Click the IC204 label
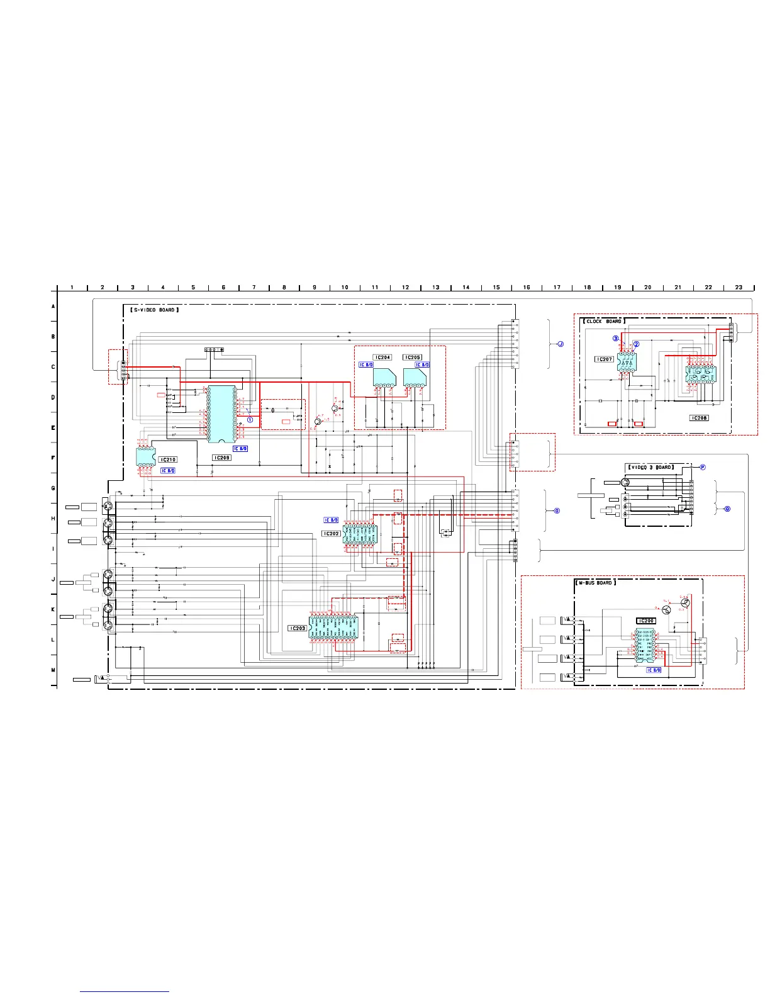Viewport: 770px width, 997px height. (382, 358)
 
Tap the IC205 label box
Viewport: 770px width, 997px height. (413, 358)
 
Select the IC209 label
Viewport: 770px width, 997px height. (221, 458)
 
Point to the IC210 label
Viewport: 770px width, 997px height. (168, 460)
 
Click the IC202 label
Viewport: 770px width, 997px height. (332, 534)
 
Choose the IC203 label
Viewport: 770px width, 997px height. (298, 628)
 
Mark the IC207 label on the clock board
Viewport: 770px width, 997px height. (604, 359)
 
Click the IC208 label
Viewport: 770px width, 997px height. (699, 418)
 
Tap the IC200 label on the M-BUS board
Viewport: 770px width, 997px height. (646, 621)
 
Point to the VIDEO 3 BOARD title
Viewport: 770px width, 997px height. (650, 467)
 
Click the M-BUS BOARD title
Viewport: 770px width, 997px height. (595, 583)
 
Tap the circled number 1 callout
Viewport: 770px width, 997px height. (250, 420)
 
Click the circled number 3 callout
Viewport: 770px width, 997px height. (616, 339)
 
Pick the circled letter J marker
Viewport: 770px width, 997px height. (560, 344)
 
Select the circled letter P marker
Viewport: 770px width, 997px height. (703, 467)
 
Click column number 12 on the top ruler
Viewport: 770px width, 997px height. (405, 288)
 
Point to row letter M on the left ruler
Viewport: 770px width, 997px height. (53, 670)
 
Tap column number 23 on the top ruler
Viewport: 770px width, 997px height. (739, 288)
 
